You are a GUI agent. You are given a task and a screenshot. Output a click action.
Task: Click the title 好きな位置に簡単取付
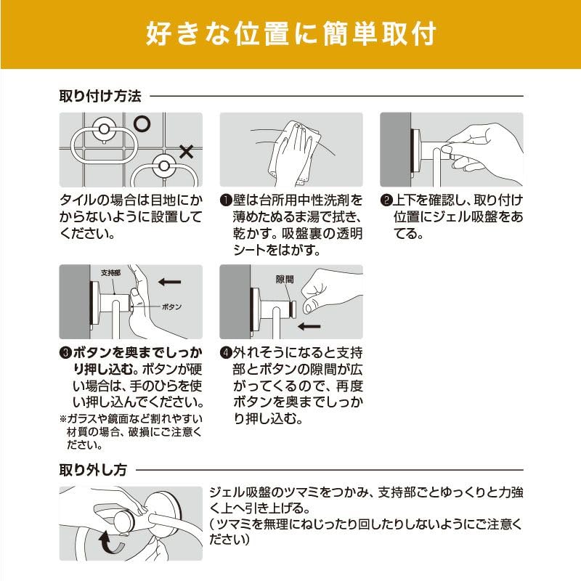point(291,34)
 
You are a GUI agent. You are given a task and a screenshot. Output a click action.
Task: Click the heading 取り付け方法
point(100,96)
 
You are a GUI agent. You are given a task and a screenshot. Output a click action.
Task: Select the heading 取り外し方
point(94,470)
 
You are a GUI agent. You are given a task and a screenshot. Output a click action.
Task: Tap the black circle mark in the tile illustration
point(142,123)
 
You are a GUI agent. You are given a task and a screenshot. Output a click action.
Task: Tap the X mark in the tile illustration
point(187,152)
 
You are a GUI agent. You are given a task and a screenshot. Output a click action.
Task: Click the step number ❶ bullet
point(226,200)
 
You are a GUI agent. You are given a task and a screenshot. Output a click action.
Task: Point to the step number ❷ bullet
point(386,200)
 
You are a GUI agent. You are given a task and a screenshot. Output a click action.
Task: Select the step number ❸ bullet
point(65,352)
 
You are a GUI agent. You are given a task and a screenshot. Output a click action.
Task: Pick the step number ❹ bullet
point(226,352)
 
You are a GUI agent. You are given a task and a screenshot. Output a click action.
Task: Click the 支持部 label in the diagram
point(111,273)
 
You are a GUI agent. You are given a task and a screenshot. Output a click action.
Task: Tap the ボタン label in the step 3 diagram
point(171,306)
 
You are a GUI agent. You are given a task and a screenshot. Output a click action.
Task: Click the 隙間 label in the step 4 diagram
point(285,279)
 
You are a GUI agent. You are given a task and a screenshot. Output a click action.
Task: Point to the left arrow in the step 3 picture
point(170,282)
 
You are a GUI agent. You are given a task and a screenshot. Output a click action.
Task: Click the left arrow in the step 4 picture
point(309,326)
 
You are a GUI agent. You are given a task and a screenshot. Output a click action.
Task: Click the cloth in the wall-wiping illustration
point(295,154)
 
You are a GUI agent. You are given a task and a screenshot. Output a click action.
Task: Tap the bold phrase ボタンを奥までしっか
point(137,353)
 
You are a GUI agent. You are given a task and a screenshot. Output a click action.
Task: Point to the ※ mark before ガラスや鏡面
point(63,419)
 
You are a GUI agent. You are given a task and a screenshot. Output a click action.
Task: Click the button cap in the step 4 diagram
point(293,310)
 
